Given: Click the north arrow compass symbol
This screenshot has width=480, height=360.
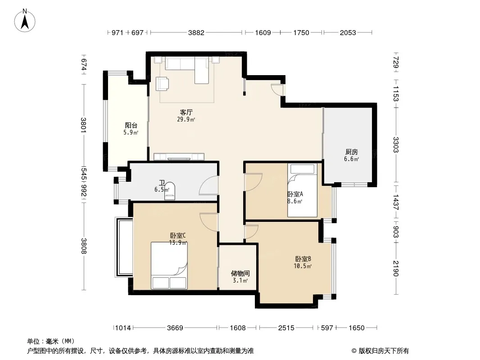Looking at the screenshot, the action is click(x=25, y=21).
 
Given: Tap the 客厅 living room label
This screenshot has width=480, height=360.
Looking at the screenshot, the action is click(x=186, y=112).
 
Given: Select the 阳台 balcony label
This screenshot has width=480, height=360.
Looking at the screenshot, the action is click(x=131, y=126).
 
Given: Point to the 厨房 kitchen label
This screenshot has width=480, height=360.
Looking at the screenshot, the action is click(x=351, y=152).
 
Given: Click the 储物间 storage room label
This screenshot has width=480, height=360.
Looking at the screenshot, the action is click(x=240, y=273).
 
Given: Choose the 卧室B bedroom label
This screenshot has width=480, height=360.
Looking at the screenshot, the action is click(x=303, y=259).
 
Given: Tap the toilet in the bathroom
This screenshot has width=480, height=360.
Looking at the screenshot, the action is click(x=170, y=191).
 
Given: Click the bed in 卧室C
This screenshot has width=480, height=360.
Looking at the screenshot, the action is click(x=169, y=265).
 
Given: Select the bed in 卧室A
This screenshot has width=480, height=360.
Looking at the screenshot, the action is click(x=302, y=190).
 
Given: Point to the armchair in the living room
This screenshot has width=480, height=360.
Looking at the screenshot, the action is click(x=162, y=84).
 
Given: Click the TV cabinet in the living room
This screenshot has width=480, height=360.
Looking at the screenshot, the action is click(x=179, y=157).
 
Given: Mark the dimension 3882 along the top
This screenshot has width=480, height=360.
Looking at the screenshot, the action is click(x=196, y=33).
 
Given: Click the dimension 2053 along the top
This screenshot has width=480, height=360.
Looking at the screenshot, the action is click(x=348, y=33).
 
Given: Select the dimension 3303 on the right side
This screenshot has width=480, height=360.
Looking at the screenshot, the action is click(x=396, y=144).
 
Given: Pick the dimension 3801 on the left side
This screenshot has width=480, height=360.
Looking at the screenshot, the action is click(x=84, y=125).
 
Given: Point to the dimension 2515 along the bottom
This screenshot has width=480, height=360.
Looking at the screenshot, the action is click(x=286, y=328).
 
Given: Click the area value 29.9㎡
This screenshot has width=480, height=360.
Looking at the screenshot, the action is click(x=186, y=119).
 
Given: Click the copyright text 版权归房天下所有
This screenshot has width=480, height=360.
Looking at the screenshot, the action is click(x=384, y=351).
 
